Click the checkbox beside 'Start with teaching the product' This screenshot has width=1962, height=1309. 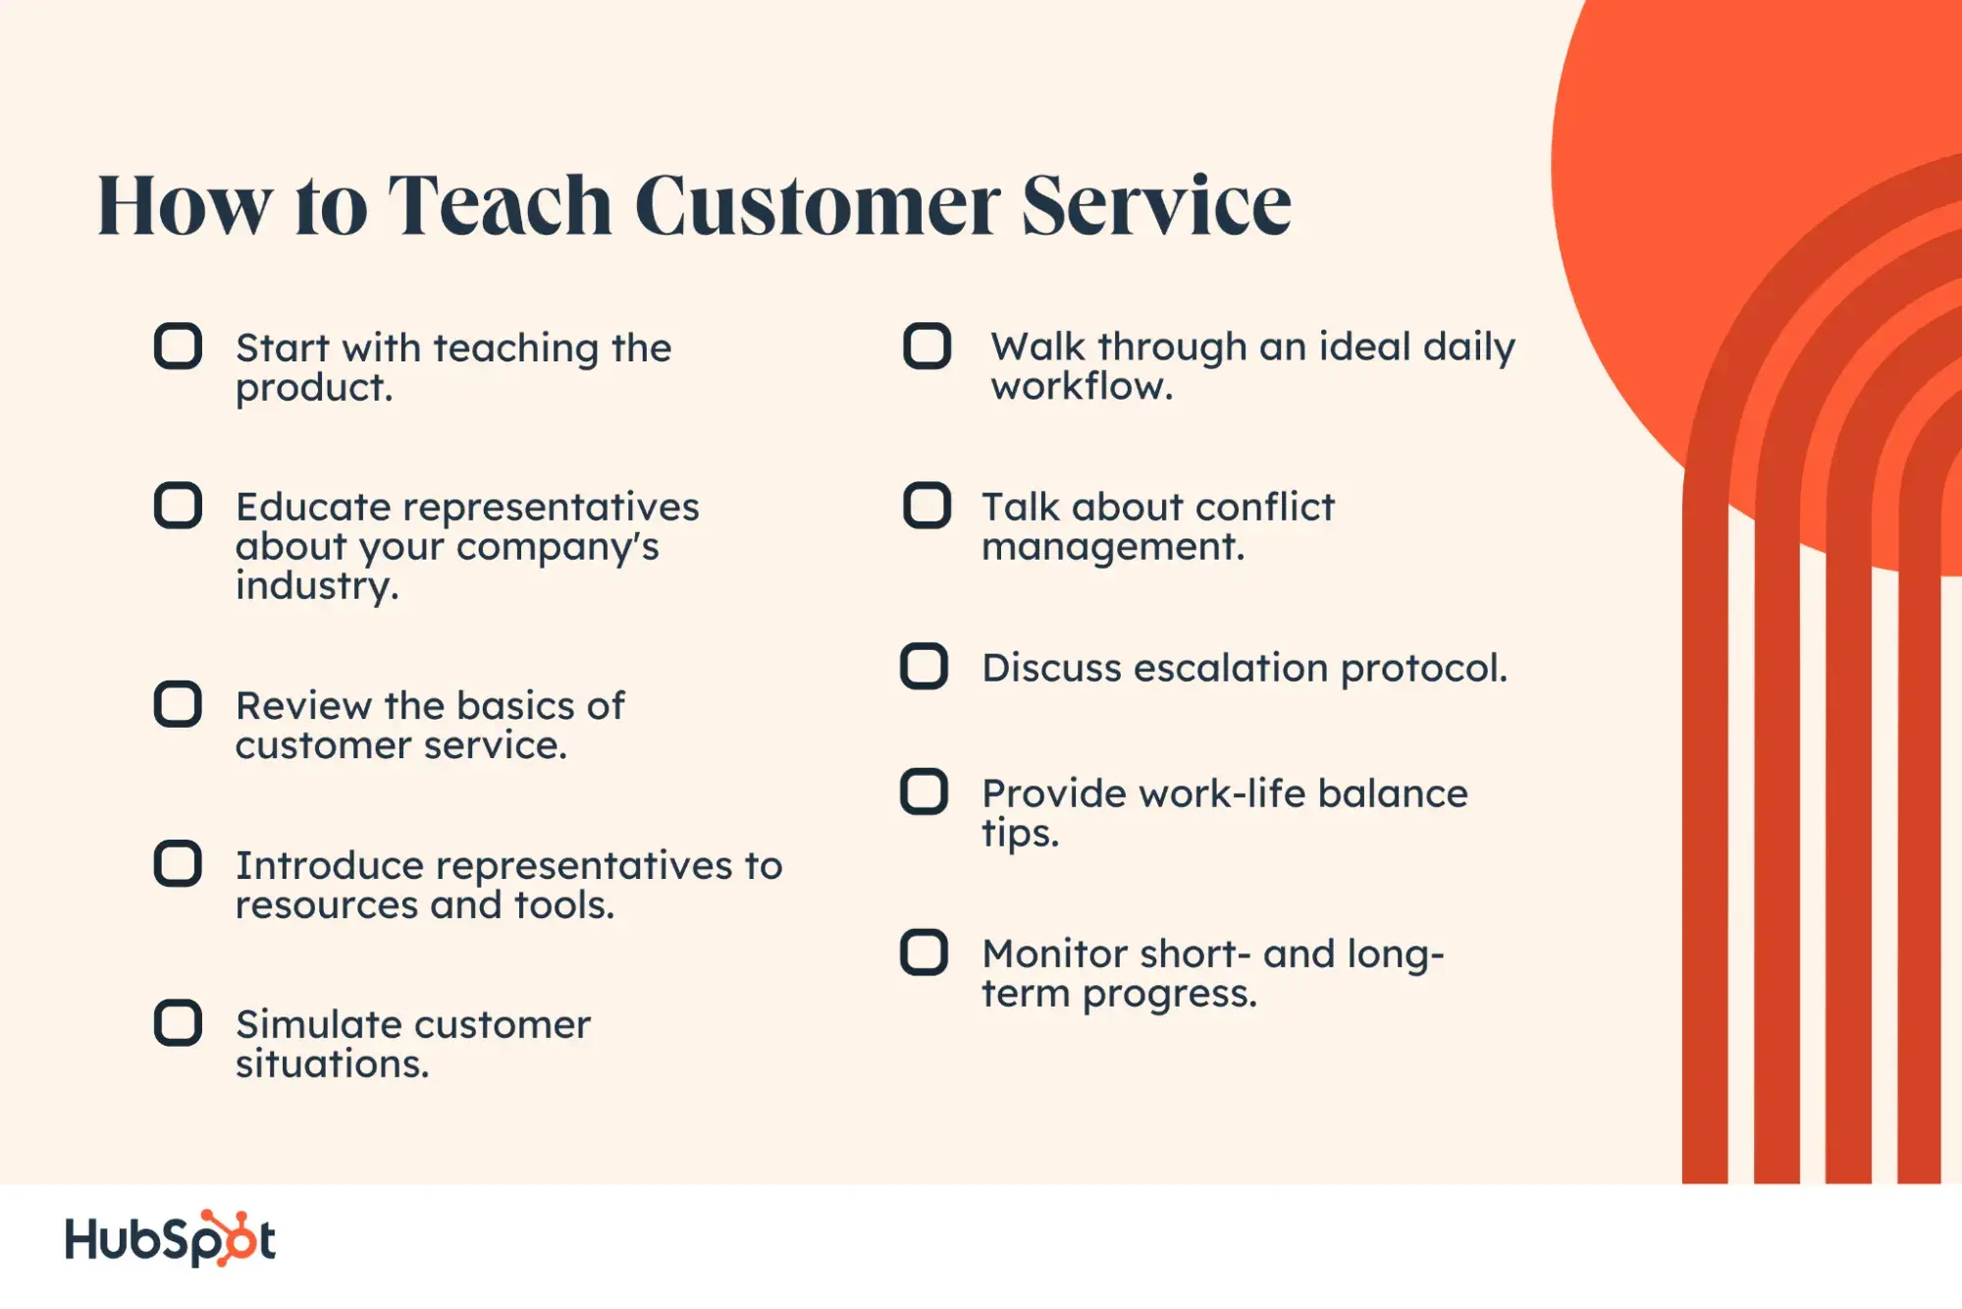[x=178, y=346]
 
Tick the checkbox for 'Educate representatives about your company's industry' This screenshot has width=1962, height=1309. [x=178, y=506]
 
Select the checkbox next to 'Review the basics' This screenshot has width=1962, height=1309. [x=178, y=704]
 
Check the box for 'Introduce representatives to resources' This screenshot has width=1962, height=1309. [x=178, y=864]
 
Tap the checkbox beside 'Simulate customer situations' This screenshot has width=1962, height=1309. [x=178, y=1023]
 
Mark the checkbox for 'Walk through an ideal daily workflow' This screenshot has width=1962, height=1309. [x=927, y=346]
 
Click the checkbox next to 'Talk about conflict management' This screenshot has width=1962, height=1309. [x=927, y=506]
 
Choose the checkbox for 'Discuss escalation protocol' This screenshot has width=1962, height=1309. [x=924, y=666]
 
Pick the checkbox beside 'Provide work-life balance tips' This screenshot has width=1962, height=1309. [x=924, y=791]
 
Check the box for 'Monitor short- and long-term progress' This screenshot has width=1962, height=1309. [x=924, y=953]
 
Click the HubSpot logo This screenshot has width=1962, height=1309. [x=170, y=1238]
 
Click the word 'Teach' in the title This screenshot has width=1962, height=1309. [x=500, y=205]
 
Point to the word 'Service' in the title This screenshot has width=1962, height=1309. [x=1156, y=205]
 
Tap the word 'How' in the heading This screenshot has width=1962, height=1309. [x=186, y=205]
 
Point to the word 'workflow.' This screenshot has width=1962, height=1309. [x=1082, y=386]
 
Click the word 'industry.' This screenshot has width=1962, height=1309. [x=317, y=587]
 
